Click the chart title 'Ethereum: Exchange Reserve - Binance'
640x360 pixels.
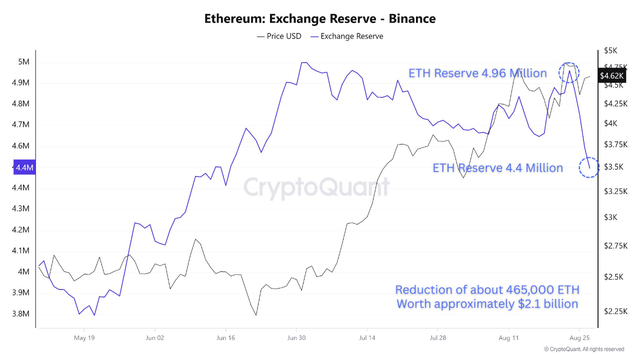(320, 19)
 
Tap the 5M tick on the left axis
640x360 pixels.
(23, 62)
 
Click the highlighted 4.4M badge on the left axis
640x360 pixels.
(24, 167)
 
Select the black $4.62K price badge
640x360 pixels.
(612, 75)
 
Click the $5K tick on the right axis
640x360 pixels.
(610, 50)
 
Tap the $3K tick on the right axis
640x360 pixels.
(610, 217)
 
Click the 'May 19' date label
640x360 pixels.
(84, 337)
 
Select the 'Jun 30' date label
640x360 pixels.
(296, 337)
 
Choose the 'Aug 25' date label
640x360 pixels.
(579, 337)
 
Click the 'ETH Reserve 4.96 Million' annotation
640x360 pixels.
(477, 73)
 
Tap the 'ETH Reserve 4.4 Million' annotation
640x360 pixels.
(497, 168)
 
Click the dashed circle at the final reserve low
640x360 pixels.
(589, 167)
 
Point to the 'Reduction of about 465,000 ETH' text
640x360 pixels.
(487, 290)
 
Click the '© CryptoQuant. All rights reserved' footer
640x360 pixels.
(584, 349)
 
